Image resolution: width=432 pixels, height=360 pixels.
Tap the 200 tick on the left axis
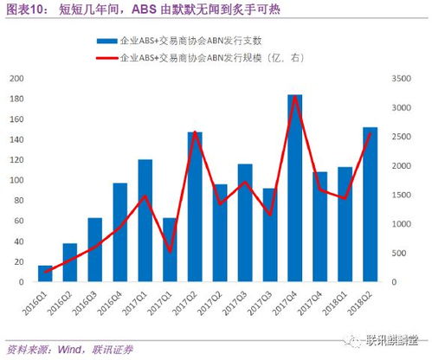click(15, 78)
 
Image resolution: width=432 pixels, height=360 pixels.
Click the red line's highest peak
click(295, 96)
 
